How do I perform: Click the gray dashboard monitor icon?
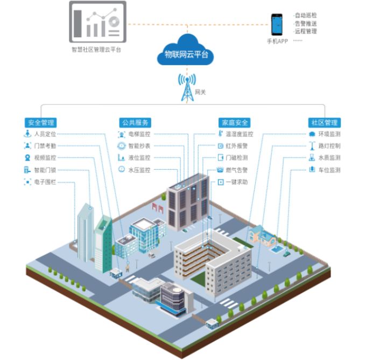(x=97, y=22)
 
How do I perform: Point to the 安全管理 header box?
(x=40, y=122)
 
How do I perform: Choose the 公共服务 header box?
(x=135, y=122)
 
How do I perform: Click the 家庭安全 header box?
(x=234, y=122)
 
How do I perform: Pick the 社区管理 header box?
(x=323, y=122)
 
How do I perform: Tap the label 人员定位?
(x=45, y=134)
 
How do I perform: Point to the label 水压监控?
(x=139, y=170)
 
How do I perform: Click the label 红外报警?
(x=237, y=146)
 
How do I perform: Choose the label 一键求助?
(x=237, y=182)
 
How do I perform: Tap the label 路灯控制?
(x=329, y=146)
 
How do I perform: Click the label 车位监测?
(x=329, y=170)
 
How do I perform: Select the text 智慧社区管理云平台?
(x=96, y=50)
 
